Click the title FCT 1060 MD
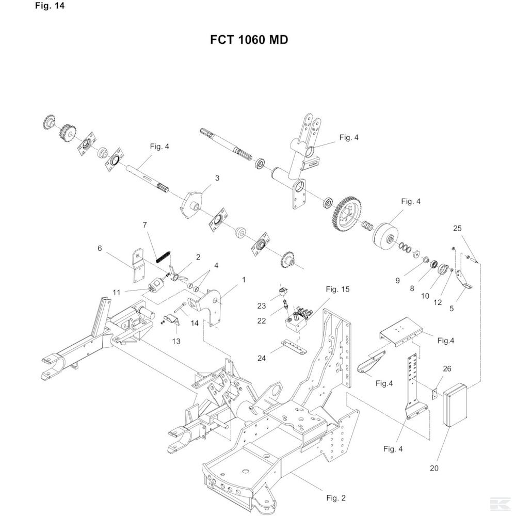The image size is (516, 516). pos(249,40)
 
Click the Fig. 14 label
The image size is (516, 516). pos(50,6)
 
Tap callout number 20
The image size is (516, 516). pos(434,468)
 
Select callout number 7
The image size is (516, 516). pos(145,225)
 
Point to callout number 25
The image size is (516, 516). pos(457,228)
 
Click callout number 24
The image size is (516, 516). pos(262,358)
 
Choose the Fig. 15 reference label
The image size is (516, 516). pos(337,289)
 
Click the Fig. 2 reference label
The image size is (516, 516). pos(336,498)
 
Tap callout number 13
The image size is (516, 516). pos(176,341)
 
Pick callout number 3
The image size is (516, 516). pos(217,178)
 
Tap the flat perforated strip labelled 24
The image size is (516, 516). pos(294,347)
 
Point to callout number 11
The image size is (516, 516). pos(117,292)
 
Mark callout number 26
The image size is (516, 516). pos(447,368)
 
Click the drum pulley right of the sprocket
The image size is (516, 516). pos(385,237)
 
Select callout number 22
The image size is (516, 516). pos(262,320)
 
